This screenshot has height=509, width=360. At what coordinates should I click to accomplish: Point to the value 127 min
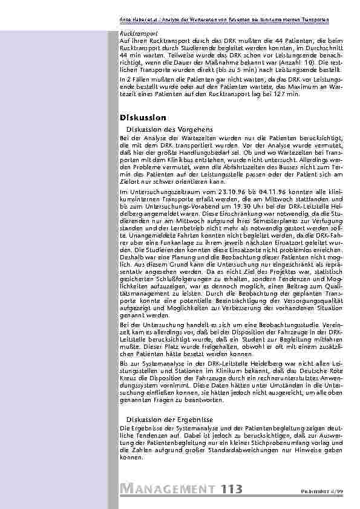[287, 95]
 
